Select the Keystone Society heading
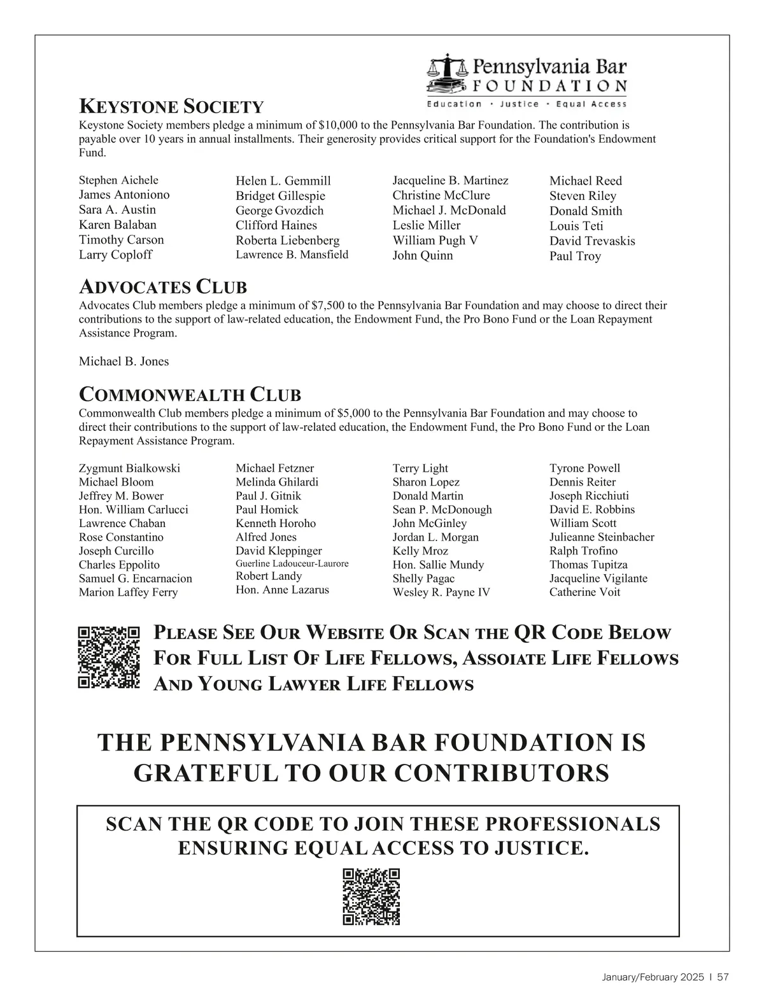171,106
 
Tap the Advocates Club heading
162,287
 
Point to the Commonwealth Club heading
190,395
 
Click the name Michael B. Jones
124,362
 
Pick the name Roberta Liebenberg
287,241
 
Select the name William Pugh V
435,241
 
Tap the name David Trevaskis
592,241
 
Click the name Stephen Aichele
118,180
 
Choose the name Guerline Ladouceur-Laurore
292,564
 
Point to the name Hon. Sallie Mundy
438,565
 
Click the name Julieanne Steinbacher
602,537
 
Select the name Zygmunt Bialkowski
129,468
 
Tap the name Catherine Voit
584,592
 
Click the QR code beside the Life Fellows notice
108,658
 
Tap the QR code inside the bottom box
371,896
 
